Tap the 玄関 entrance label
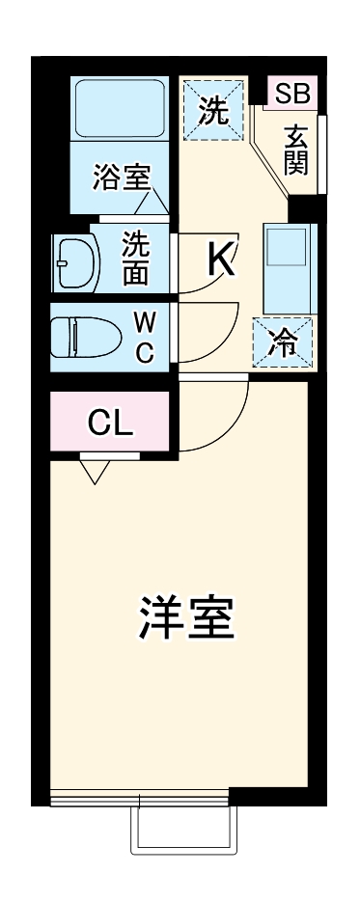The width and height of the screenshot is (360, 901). click(x=296, y=150)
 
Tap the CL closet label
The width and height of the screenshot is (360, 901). click(x=111, y=423)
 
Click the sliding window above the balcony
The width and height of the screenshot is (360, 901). click(x=140, y=797)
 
